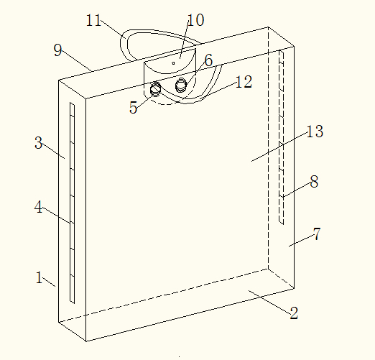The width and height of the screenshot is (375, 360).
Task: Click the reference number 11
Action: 93,20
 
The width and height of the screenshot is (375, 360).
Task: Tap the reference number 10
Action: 196,20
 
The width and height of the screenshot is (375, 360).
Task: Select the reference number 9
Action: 57,50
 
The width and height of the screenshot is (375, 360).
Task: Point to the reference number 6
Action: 208,60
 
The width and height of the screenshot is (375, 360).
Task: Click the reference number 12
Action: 244,82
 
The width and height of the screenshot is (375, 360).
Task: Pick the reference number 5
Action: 133,107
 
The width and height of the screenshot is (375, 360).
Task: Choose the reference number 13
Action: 315,131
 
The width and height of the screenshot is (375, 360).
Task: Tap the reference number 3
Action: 39,143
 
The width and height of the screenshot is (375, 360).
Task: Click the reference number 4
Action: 38,207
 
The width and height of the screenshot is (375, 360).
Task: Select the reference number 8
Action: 314,182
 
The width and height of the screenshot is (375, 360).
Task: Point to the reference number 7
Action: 317,234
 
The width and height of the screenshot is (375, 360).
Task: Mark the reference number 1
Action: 40,277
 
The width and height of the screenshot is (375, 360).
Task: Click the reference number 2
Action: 294,313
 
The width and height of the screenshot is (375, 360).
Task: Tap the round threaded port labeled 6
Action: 181,85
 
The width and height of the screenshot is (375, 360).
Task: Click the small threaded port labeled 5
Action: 155,89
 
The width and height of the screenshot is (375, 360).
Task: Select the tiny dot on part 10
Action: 173,63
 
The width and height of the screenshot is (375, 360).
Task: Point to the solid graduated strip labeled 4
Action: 72,203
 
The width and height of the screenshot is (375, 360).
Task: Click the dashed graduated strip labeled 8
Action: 282,137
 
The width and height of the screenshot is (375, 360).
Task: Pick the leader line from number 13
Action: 279,147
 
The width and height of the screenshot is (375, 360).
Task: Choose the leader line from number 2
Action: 269,302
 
